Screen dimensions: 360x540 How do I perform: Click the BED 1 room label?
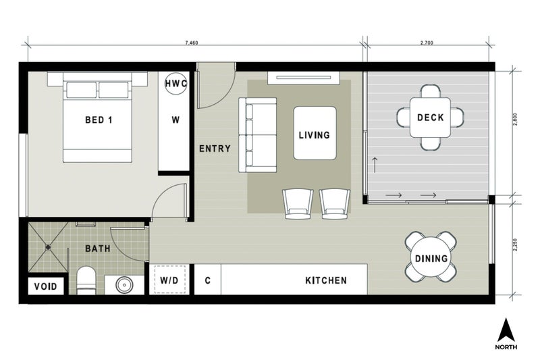(98, 120)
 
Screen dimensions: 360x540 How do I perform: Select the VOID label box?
(47, 286)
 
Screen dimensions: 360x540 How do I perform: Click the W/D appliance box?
(169, 280)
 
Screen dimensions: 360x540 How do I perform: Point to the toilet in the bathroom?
(86, 281)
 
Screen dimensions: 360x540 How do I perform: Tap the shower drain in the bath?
(49, 247)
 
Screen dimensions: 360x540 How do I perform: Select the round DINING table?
(431, 258)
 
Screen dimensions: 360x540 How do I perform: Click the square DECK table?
(430, 118)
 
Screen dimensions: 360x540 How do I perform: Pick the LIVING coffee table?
(315, 134)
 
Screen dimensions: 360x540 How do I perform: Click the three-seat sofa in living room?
(257, 134)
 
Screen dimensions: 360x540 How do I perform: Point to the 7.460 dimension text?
(192, 43)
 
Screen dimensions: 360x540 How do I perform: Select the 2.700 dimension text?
(427, 43)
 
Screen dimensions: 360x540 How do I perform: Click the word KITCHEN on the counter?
(326, 280)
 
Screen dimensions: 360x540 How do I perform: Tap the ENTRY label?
(215, 149)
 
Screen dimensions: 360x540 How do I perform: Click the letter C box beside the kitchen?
(207, 280)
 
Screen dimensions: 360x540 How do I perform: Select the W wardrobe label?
(175, 120)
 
